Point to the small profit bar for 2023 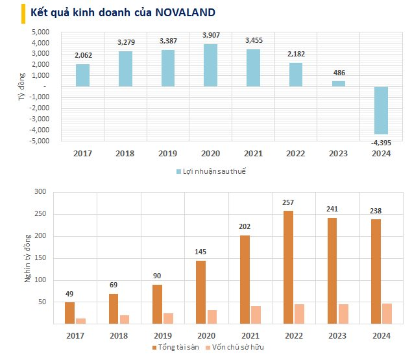pos(339,84)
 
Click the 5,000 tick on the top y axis pos(40,32)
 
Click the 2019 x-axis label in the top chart pos(167,154)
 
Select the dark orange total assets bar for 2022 pos(288,267)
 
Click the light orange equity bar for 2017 pos(81,321)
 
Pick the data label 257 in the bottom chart pos(288,203)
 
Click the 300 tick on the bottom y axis pos(40,192)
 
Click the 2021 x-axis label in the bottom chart pos(245,335)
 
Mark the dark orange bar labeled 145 pos(200,292)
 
